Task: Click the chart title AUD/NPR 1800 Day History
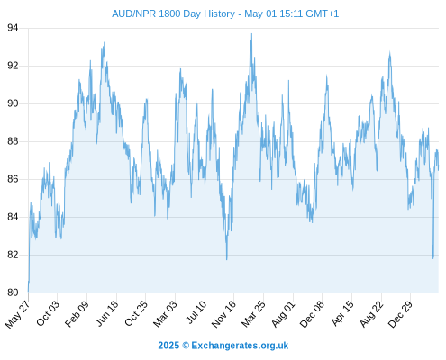[173, 13]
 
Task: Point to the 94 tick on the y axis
[13, 28]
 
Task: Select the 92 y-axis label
[13, 66]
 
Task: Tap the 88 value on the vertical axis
[13, 141]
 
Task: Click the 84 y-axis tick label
[13, 217]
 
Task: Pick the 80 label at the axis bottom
[13, 292]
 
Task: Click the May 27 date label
[17, 314]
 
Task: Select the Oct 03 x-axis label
[48, 313]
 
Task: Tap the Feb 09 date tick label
[77, 313]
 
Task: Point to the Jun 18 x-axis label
[107, 313]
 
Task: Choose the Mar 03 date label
[165, 314]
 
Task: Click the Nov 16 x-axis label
[223, 314]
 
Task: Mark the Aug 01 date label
[283, 314]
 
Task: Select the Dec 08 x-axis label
[312, 314]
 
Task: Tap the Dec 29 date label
[400, 314]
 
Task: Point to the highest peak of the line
[251, 33]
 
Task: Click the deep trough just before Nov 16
[227, 259]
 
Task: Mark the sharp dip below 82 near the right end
[433, 258]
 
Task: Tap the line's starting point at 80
[28, 292]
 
